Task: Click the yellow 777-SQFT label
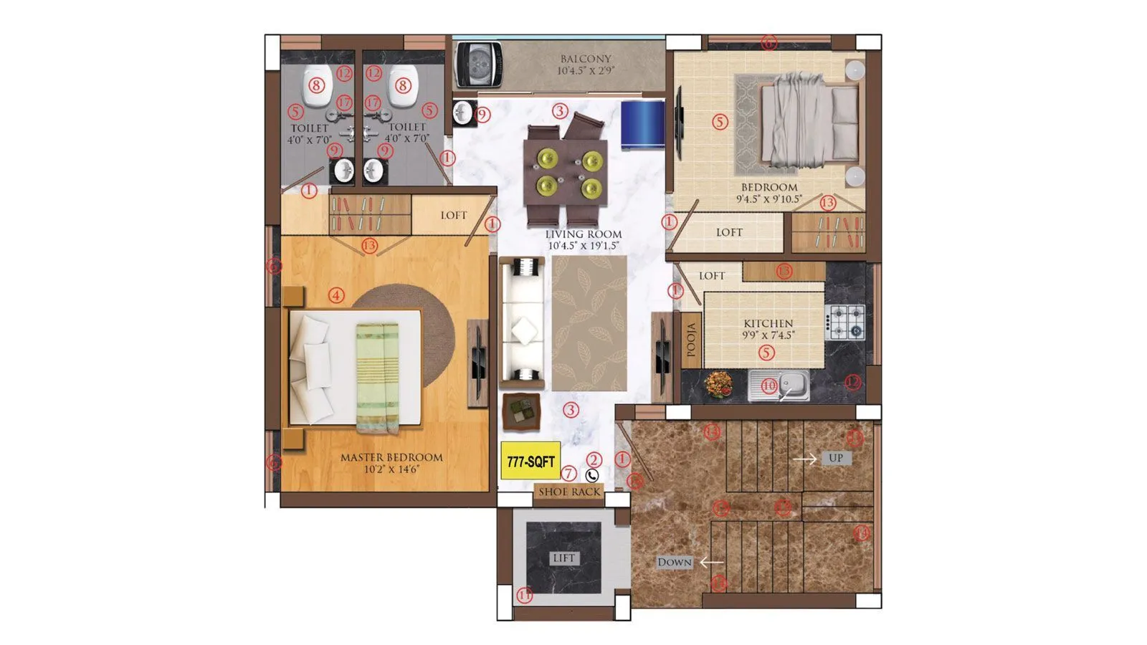coord(530,462)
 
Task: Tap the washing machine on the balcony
coord(478,64)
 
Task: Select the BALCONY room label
coord(586,59)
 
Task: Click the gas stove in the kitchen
coord(845,322)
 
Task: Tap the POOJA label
coord(691,339)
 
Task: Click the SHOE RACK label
coord(569,492)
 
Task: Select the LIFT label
coord(563,558)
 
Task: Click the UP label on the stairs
coord(835,458)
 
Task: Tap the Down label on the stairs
coord(675,563)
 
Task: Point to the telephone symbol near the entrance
coord(592,475)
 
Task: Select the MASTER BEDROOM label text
coord(391,457)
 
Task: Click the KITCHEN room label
coord(768,324)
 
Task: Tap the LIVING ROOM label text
coord(584,234)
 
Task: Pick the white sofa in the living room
coord(521,319)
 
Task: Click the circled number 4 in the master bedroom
coord(335,295)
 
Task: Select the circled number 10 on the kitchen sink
coord(768,386)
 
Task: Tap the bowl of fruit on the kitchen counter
coord(718,383)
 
